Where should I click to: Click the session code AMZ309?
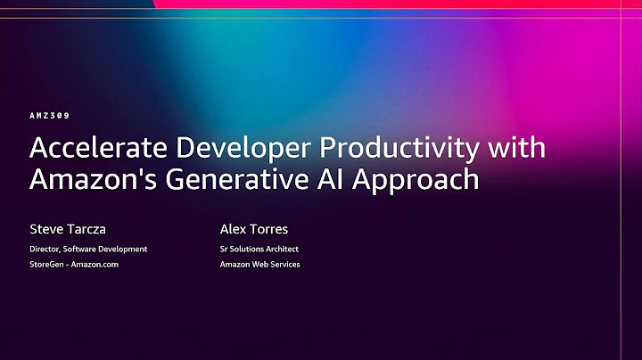[49, 116]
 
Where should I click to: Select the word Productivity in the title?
[403, 148]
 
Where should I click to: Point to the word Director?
[48, 249]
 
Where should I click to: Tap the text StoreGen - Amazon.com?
[74, 265]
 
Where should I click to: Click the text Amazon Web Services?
[259, 265]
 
